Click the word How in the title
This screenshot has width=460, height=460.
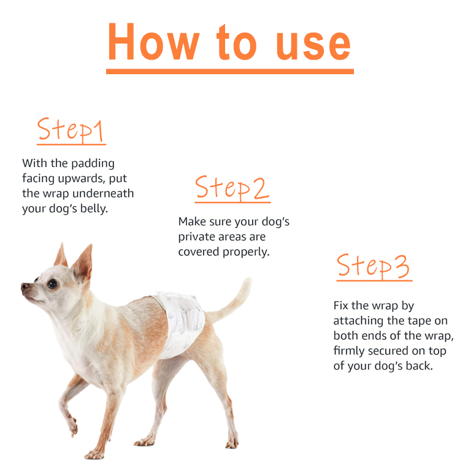[x=154, y=41]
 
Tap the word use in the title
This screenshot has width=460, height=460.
[x=313, y=45]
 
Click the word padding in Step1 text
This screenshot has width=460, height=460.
[x=93, y=164]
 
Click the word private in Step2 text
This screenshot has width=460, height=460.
[x=197, y=237]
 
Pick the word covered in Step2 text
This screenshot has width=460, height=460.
[x=199, y=251]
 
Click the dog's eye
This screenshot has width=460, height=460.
[x=53, y=283]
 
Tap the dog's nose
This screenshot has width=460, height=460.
[x=25, y=286]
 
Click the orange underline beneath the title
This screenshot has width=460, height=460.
[x=230, y=72]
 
